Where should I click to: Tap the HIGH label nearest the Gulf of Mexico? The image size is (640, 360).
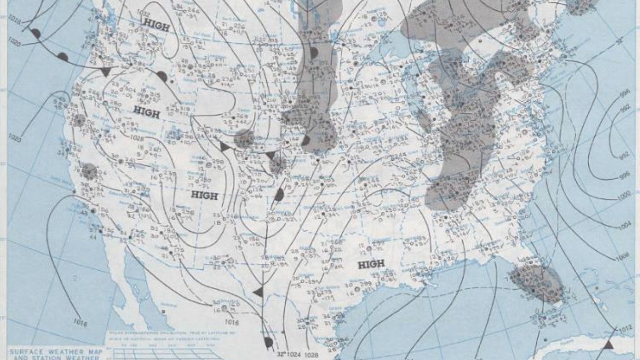tap(372, 264)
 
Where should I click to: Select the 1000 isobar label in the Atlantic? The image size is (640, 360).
tap(625, 196)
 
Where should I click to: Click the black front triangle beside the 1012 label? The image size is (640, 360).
tap(609, 344)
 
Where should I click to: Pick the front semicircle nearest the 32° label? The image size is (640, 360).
tap(268, 342)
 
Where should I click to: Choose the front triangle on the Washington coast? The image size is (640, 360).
tap(106, 72)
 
